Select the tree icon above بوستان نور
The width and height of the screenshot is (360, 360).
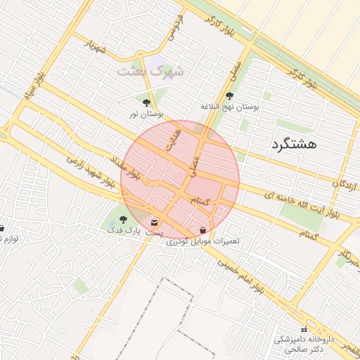[146, 103]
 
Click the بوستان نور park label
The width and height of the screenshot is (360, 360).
[146, 113]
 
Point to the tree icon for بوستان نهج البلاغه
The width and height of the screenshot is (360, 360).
[230, 96]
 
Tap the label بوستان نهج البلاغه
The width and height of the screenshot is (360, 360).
[230, 107]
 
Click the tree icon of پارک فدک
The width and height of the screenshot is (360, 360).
[124, 219]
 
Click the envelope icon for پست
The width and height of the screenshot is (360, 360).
[154, 223]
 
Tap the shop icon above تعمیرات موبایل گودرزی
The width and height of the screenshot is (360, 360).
[203, 230]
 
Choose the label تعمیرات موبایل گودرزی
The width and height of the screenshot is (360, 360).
[203, 240]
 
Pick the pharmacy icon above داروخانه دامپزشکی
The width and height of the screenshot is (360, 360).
[304, 329]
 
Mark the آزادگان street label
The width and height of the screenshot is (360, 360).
[336, 184]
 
